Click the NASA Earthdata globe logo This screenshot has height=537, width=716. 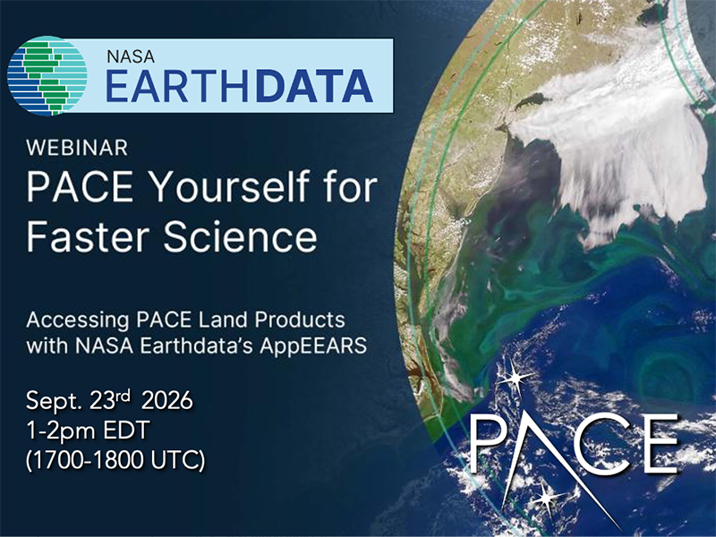pyautogui.click(x=47, y=75)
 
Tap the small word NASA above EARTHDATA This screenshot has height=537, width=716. pyautogui.click(x=131, y=56)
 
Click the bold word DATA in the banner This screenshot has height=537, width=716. pyautogui.click(x=314, y=86)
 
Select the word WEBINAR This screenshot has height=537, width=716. pyautogui.click(x=77, y=148)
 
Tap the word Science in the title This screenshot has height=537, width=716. pyautogui.click(x=240, y=236)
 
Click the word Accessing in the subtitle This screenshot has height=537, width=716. pyautogui.click(x=78, y=320)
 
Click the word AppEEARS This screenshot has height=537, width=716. pyautogui.click(x=313, y=346)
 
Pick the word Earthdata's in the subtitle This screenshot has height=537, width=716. pyautogui.click(x=196, y=345)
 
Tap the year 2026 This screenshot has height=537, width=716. pyautogui.click(x=167, y=401)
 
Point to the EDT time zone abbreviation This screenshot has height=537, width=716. pyautogui.click(x=127, y=430)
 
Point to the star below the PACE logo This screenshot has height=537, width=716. pyautogui.click(x=546, y=497)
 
